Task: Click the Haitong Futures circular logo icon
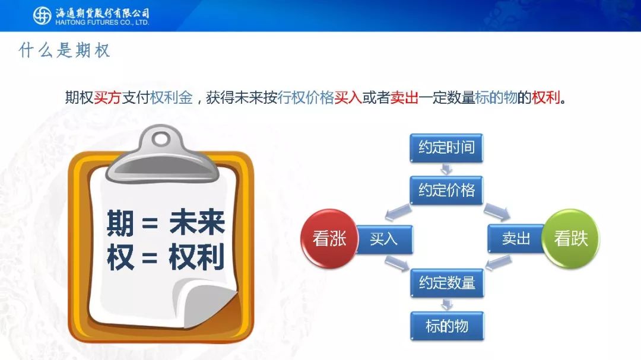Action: pos(42,16)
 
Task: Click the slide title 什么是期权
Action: pos(65,50)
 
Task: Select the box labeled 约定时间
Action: pos(446,148)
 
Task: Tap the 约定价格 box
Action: pos(446,190)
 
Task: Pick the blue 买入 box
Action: pos(384,239)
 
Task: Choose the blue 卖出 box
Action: pos(516,238)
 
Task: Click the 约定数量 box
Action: pos(447,283)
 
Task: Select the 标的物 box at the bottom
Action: pos(447,326)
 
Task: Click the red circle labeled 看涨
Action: pos(329,238)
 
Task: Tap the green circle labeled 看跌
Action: pos(570,238)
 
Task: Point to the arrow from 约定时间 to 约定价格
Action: pos(446,169)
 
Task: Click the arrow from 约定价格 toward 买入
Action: pos(398,212)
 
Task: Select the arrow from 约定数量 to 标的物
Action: pos(447,304)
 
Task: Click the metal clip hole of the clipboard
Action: pos(162,139)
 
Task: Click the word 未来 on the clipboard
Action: pos(197,222)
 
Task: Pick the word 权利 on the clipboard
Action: pos(196,257)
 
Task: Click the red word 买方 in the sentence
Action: pos(107,98)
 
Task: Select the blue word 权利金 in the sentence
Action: pos(172,98)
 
